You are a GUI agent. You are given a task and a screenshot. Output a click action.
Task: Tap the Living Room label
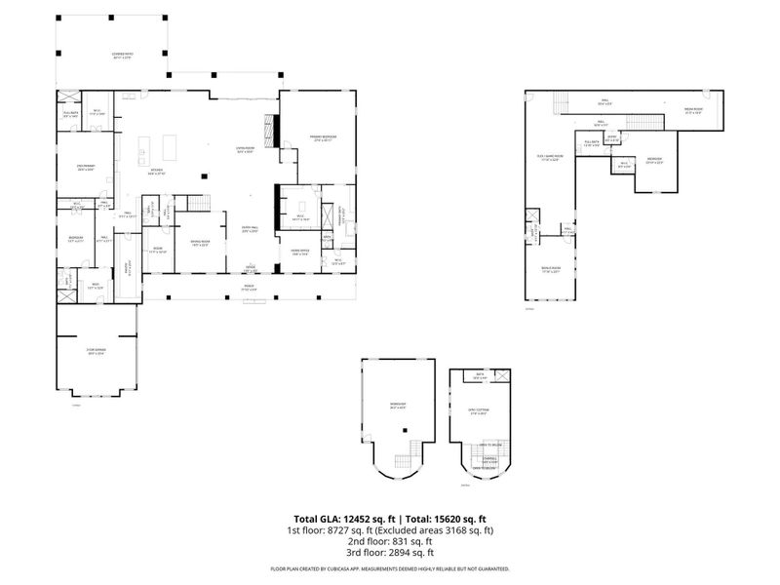[245, 150]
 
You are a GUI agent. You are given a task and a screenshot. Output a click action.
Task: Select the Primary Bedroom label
[324, 137]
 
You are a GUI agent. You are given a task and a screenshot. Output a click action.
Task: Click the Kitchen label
[156, 173]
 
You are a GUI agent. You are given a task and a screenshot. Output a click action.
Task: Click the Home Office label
[299, 252]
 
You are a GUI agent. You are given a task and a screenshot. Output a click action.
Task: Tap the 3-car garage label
[97, 353]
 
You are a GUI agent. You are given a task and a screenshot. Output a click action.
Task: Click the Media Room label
[693, 110]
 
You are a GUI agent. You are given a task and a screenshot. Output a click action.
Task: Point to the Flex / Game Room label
[549, 159]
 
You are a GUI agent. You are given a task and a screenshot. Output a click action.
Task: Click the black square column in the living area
[204, 175]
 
